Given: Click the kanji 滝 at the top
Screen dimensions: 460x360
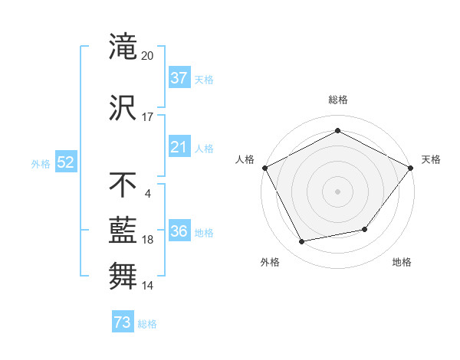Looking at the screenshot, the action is coord(123,46).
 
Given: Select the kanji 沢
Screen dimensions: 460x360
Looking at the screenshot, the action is coord(123,107).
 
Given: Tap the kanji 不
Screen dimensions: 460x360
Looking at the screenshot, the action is coord(123,185).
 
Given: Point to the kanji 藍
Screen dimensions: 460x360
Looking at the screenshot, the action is coord(123,231).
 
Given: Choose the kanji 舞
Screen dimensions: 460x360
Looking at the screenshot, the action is coord(123,276).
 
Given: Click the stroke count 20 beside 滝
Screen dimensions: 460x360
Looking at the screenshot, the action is coord(147,56).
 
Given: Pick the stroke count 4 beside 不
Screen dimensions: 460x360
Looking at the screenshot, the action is coord(147,194).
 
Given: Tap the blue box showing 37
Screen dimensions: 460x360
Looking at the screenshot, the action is coord(179,77).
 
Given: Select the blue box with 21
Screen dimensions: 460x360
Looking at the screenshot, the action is coord(179,146).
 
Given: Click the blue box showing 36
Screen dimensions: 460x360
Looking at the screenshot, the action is coord(179,230).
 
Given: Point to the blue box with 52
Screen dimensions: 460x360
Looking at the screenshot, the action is coord(66,162).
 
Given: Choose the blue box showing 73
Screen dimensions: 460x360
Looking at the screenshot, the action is coord(123,321).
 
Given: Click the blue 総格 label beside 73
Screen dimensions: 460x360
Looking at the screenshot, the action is coord(147,324).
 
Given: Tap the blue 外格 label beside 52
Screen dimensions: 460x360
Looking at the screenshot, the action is coord(41,164).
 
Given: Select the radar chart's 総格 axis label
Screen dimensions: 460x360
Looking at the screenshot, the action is coord(338,100).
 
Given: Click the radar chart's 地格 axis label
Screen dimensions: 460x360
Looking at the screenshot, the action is coord(402,262).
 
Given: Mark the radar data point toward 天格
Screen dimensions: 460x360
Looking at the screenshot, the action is coord(410,168).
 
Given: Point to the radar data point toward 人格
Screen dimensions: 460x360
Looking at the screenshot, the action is coord(265,168).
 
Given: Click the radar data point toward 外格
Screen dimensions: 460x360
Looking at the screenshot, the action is coord(301,241).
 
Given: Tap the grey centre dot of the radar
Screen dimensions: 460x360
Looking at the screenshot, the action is coord(337,191).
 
